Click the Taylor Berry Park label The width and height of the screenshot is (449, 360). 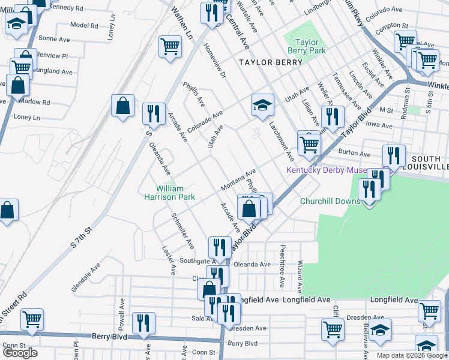310,47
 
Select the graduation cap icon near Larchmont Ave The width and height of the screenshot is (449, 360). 262,106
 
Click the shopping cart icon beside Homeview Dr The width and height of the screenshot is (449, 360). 170,46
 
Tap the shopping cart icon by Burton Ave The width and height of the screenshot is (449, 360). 309,143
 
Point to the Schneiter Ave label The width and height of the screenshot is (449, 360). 182,231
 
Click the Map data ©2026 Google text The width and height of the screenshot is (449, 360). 412,355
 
